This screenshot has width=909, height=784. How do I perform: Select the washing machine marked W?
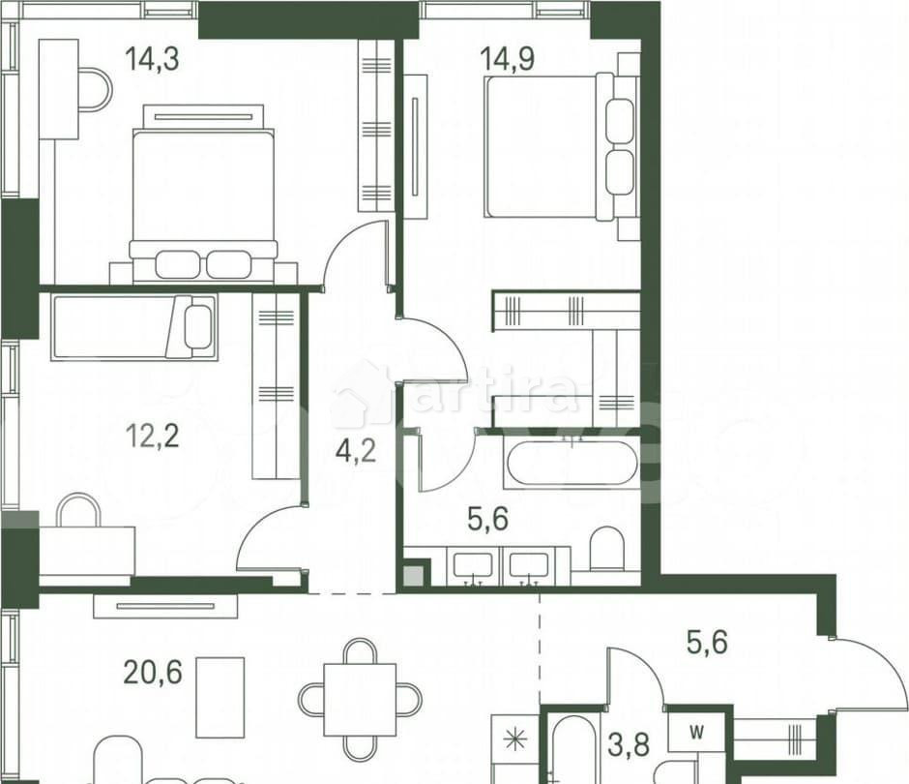696,730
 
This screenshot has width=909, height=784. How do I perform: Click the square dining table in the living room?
360,699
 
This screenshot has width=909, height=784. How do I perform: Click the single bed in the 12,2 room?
133,327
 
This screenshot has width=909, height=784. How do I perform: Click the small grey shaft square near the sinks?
413,576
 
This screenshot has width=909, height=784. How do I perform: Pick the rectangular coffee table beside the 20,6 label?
220,697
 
